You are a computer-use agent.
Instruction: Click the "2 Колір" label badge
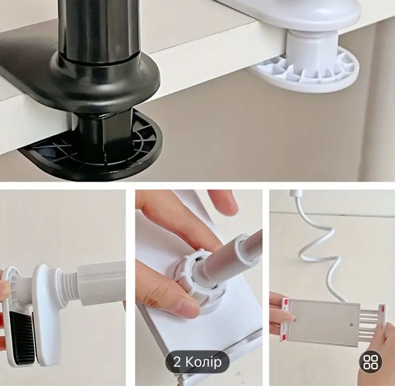click(197, 362)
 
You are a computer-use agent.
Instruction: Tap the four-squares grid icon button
click(370, 362)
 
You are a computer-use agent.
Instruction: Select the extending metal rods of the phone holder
click(370, 323)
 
